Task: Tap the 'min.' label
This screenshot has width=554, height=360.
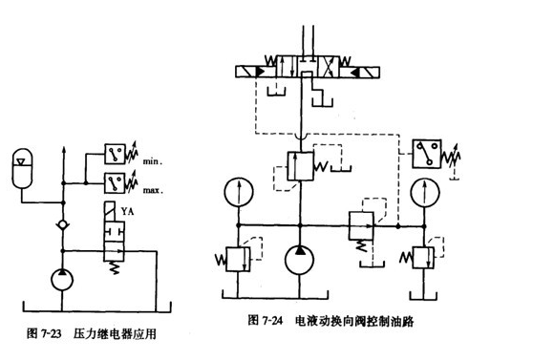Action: (153, 162)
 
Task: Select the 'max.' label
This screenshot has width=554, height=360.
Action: (154, 189)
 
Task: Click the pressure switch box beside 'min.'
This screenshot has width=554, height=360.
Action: (119, 155)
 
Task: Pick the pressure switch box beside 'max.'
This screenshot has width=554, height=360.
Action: (119, 181)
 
